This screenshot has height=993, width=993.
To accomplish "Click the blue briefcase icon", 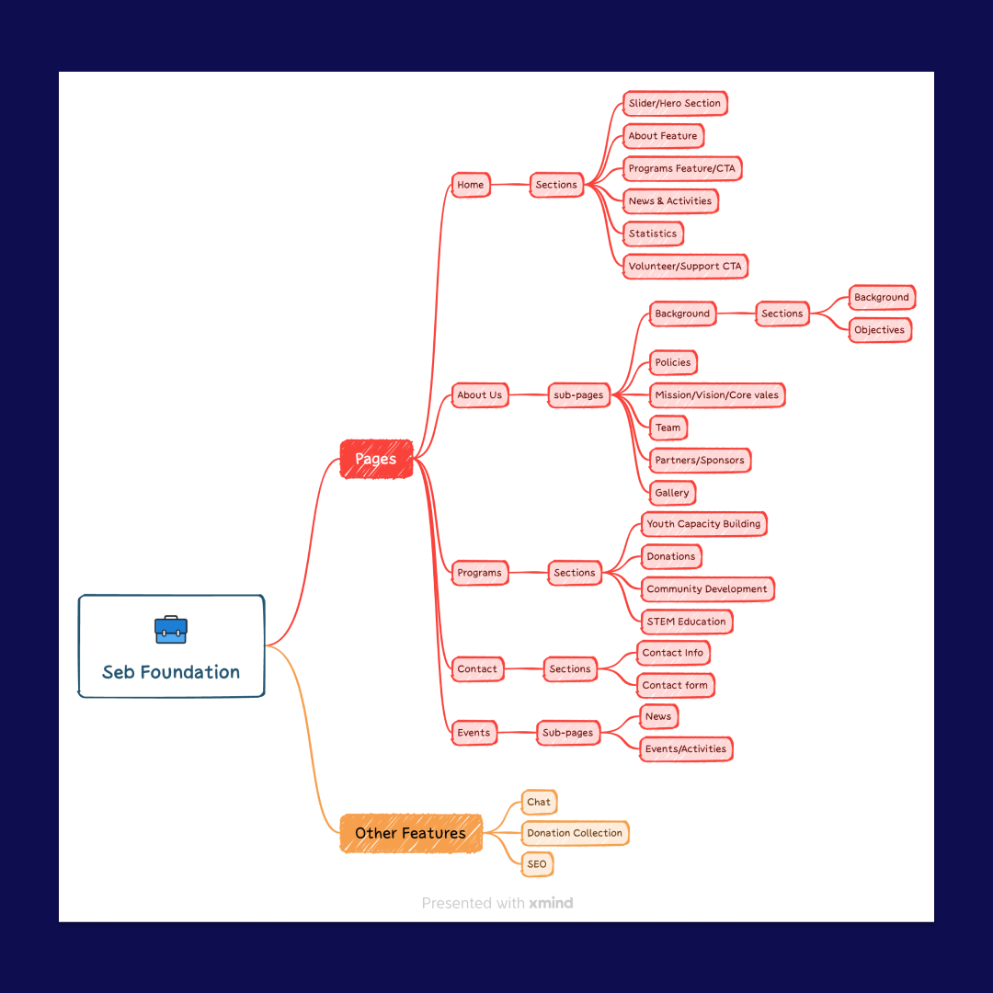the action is coord(171,630).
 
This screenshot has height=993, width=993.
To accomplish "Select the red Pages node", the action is coord(376,459).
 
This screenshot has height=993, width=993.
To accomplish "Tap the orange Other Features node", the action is coord(411,833).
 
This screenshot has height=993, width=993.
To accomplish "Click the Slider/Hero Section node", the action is coord(675,103).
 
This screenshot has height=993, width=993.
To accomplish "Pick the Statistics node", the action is coord(653,234).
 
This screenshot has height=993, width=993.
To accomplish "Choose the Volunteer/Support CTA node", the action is coord(685,266).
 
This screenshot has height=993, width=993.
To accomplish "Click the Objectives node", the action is coord(880,330).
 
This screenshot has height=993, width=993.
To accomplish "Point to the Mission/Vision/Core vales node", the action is coord(717,395).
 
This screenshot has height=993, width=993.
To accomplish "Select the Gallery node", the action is coord(672,493).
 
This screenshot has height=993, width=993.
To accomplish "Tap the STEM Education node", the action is coord(687,622).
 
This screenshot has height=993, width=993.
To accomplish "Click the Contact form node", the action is coord(675,685).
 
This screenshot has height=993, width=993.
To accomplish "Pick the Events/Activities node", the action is coord(686,749).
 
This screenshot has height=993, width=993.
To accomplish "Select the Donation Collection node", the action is coord(575,833).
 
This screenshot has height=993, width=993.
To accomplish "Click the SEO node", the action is coord(537,864).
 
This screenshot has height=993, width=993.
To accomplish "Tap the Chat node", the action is coord(539,803).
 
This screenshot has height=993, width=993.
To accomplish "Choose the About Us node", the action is coord(480,395).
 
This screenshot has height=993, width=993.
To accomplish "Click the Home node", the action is coord(471,185).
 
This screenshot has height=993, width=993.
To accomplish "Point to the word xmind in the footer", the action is coord(551,903).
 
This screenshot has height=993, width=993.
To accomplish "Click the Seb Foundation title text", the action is coord(171,672).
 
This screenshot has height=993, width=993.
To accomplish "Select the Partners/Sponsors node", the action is coord(700,461).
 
